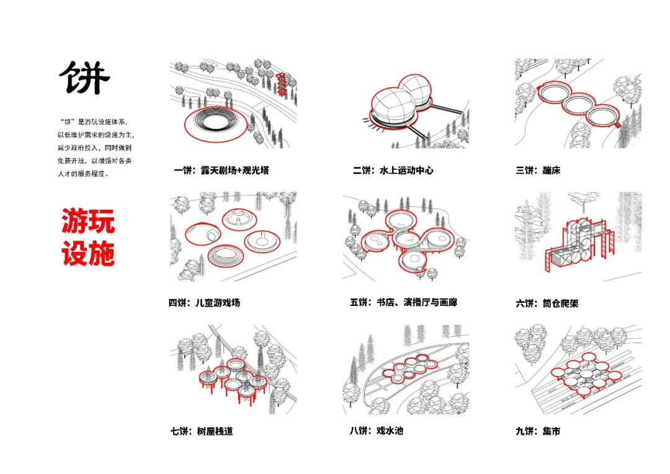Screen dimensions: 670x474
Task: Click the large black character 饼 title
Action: [x=84, y=78]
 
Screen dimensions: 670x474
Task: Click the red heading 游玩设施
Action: [x=88, y=238]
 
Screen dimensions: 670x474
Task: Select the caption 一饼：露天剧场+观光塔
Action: [x=221, y=170]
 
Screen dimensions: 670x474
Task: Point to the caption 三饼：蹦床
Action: [x=537, y=170]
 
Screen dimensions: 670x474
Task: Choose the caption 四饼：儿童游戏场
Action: [x=204, y=303]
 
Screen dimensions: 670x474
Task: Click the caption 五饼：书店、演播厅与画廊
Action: [x=403, y=303]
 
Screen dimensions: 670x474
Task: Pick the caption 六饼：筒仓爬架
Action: [x=547, y=303]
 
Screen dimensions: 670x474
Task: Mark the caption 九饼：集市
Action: [x=537, y=431]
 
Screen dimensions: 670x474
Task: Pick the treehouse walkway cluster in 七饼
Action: [x=233, y=377]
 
